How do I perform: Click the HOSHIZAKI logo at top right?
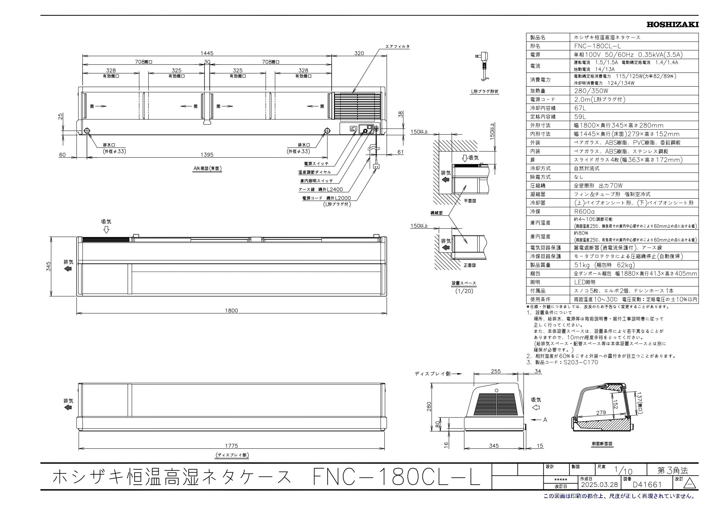point(672,25)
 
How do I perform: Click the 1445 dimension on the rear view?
point(207,53)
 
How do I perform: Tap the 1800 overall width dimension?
point(231,310)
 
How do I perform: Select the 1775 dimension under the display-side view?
point(231,446)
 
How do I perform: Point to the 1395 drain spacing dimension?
point(207,155)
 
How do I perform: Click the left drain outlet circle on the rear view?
point(87,131)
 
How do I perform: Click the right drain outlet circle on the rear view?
point(327,131)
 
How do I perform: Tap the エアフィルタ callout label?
point(397,46)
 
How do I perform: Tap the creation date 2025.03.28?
point(599,493)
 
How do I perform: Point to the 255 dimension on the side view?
point(496,371)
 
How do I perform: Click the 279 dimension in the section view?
point(601,412)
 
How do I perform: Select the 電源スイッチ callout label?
point(316,164)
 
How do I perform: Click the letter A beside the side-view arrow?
point(545,420)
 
